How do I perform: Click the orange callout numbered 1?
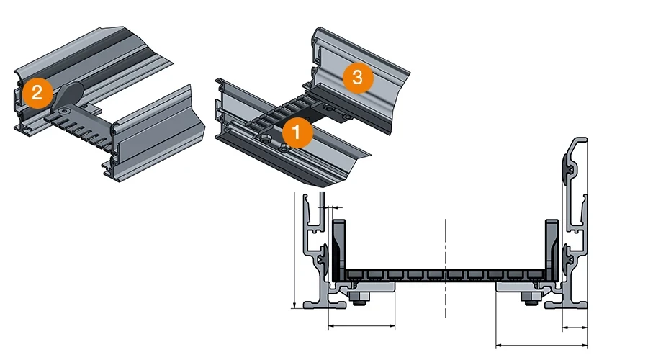pos(297,132)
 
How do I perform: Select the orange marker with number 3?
pos(357,78)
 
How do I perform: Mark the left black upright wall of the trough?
pos(341,248)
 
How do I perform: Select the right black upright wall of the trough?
pos(552,248)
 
